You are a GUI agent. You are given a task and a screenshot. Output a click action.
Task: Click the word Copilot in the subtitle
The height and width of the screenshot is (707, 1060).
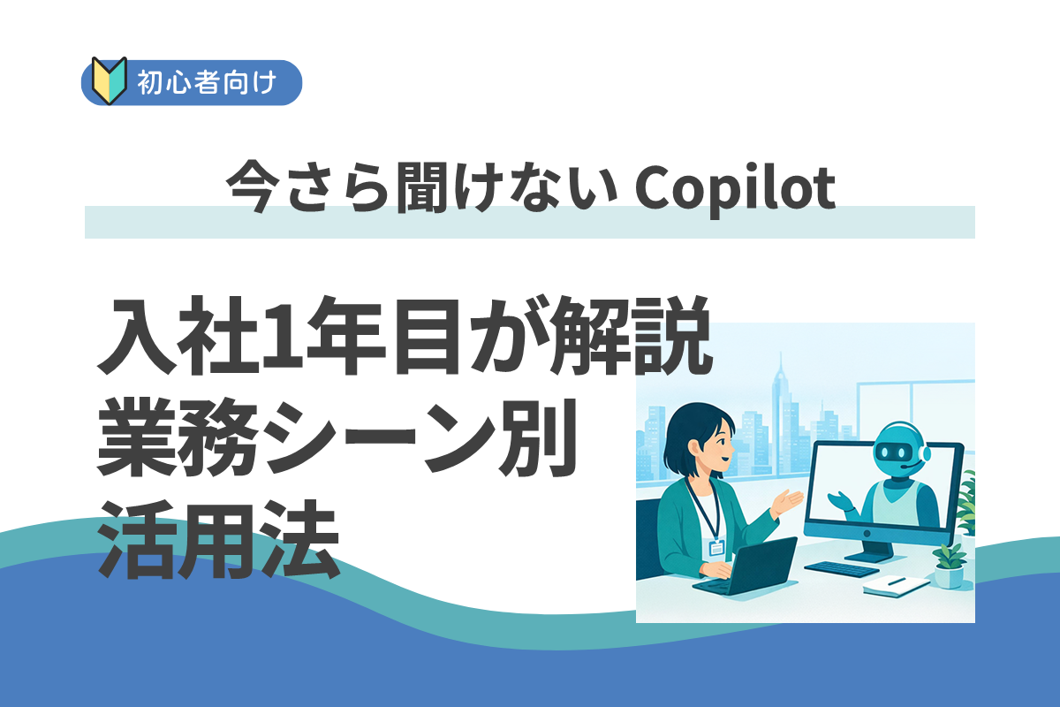[734, 187]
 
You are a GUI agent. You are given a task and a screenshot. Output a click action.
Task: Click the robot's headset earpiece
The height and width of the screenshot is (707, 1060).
[924, 454]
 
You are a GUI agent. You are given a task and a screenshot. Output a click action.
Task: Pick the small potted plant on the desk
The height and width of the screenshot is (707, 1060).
[949, 566]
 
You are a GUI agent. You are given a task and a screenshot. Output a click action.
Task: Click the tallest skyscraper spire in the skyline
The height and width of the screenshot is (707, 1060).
[780, 389]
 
